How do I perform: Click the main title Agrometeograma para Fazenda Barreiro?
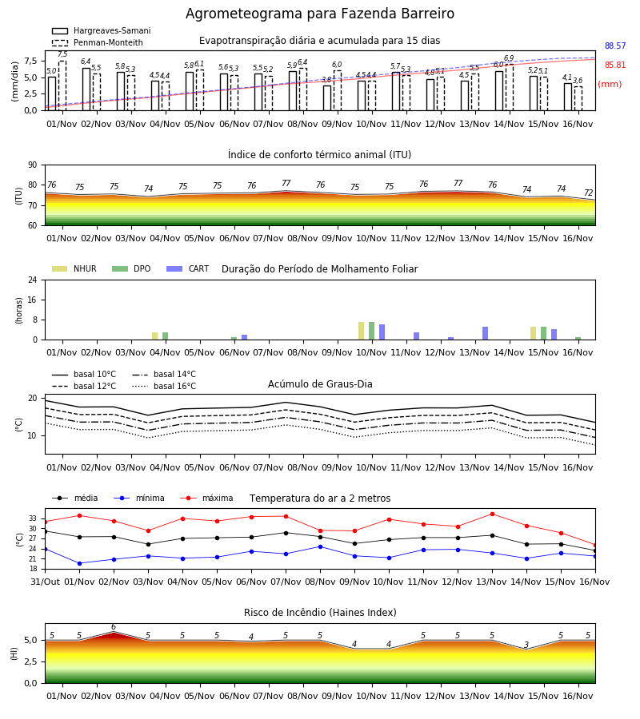(x=319, y=14)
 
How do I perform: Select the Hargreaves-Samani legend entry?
(x=102, y=30)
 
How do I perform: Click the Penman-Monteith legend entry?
(x=98, y=42)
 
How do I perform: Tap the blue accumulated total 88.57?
(x=615, y=46)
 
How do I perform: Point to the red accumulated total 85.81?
(x=615, y=66)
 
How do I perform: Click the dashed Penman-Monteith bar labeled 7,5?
(x=62, y=85)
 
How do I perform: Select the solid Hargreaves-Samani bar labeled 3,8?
(x=327, y=98)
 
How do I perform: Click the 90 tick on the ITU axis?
(x=33, y=165)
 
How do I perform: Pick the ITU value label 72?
(x=589, y=193)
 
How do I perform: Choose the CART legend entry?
(x=188, y=268)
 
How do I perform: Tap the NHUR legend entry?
(x=74, y=268)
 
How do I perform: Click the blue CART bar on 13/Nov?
(x=486, y=333)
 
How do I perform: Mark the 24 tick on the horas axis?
(x=33, y=280)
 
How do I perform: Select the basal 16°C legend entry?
(x=164, y=386)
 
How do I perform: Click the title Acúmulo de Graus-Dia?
(x=320, y=383)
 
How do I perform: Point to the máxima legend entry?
(x=206, y=498)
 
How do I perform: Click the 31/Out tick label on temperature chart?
(x=45, y=582)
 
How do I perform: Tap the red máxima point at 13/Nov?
(x=493, y=514)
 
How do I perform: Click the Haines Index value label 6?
(x=114, y=627)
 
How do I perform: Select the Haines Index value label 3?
(x=526, y=645)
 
